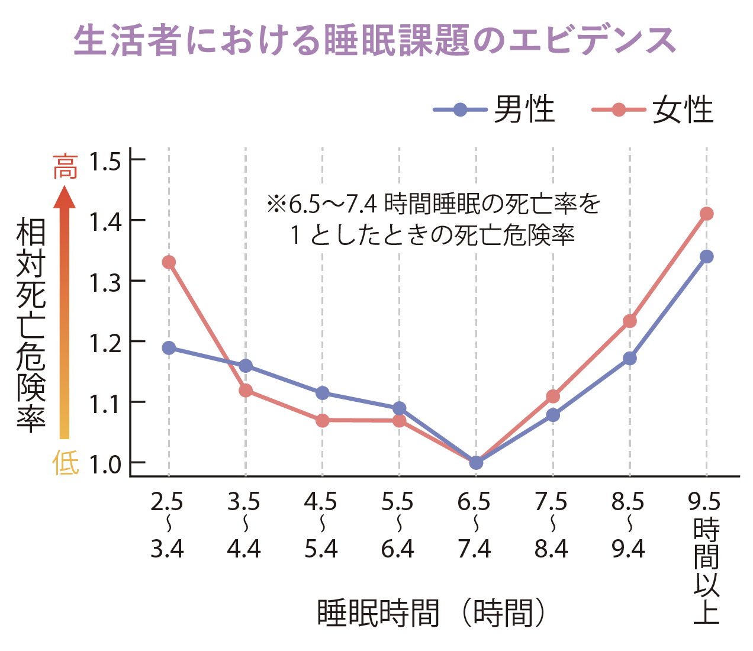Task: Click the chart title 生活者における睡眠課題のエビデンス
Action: [x=375, y=40]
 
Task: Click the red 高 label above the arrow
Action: [x=65, y=166]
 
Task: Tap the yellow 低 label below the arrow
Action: [x=65, y=462]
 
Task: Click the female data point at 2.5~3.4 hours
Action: [x=169, y=262]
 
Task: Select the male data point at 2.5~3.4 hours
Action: [x=169, y=348]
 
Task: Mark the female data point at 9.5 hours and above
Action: [x=706, y=214]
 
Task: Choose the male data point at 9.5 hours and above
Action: [x=706, y=257]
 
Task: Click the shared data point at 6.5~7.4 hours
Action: [x=476, y=462]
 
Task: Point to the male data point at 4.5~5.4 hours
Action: [x=323, y=393]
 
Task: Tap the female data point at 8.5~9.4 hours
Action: [x=630, y=321]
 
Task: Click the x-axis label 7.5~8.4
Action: [x=551, y=526]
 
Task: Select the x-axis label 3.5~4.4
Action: [x=244, y=526]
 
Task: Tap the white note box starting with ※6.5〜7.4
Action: [x=436, y=217]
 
